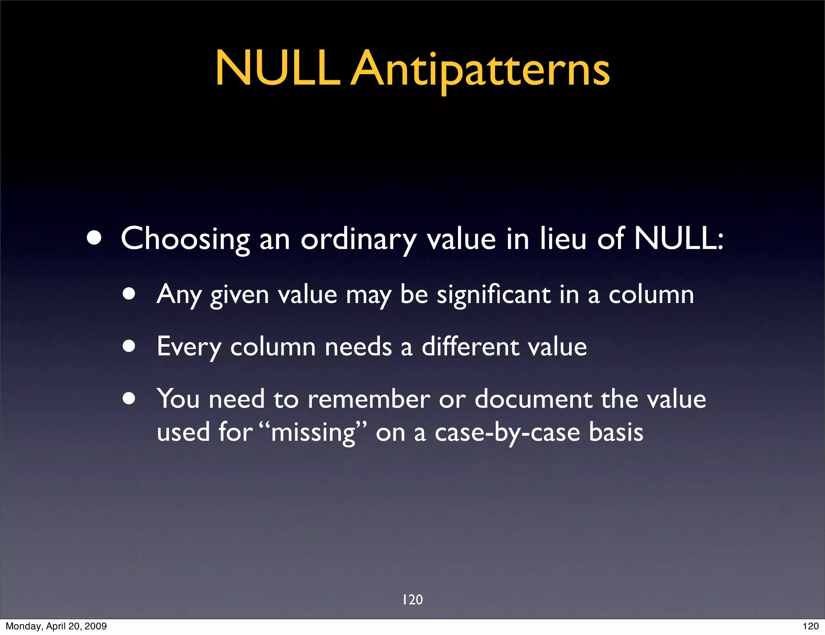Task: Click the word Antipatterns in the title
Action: [x=480, y=69]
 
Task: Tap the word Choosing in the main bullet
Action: [x=185, y=239]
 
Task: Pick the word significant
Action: [x=493, y=295]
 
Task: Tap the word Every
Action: [x=189, y=347]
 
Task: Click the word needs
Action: [x=358, y=347]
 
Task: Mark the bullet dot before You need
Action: [x=129, y=399]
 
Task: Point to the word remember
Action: [x=369, y=399]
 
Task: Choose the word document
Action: [x=533, y=399]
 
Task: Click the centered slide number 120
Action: [x=412, y=600]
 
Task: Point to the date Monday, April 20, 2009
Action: [x=56, y=626]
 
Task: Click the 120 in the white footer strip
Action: [x=810, y=626]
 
